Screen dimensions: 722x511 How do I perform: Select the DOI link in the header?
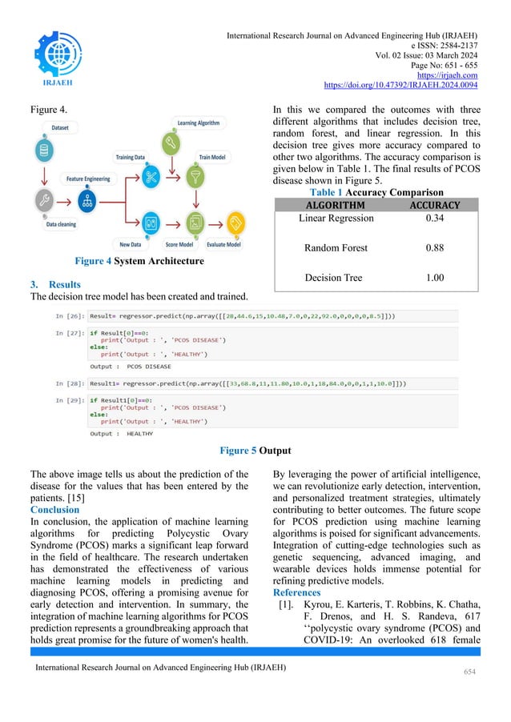click(400, 83)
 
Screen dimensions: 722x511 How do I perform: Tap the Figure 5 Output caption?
click(255, 449)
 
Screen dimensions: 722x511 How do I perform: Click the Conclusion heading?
click(54, 509)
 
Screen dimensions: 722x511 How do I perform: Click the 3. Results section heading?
click(54, 284)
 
